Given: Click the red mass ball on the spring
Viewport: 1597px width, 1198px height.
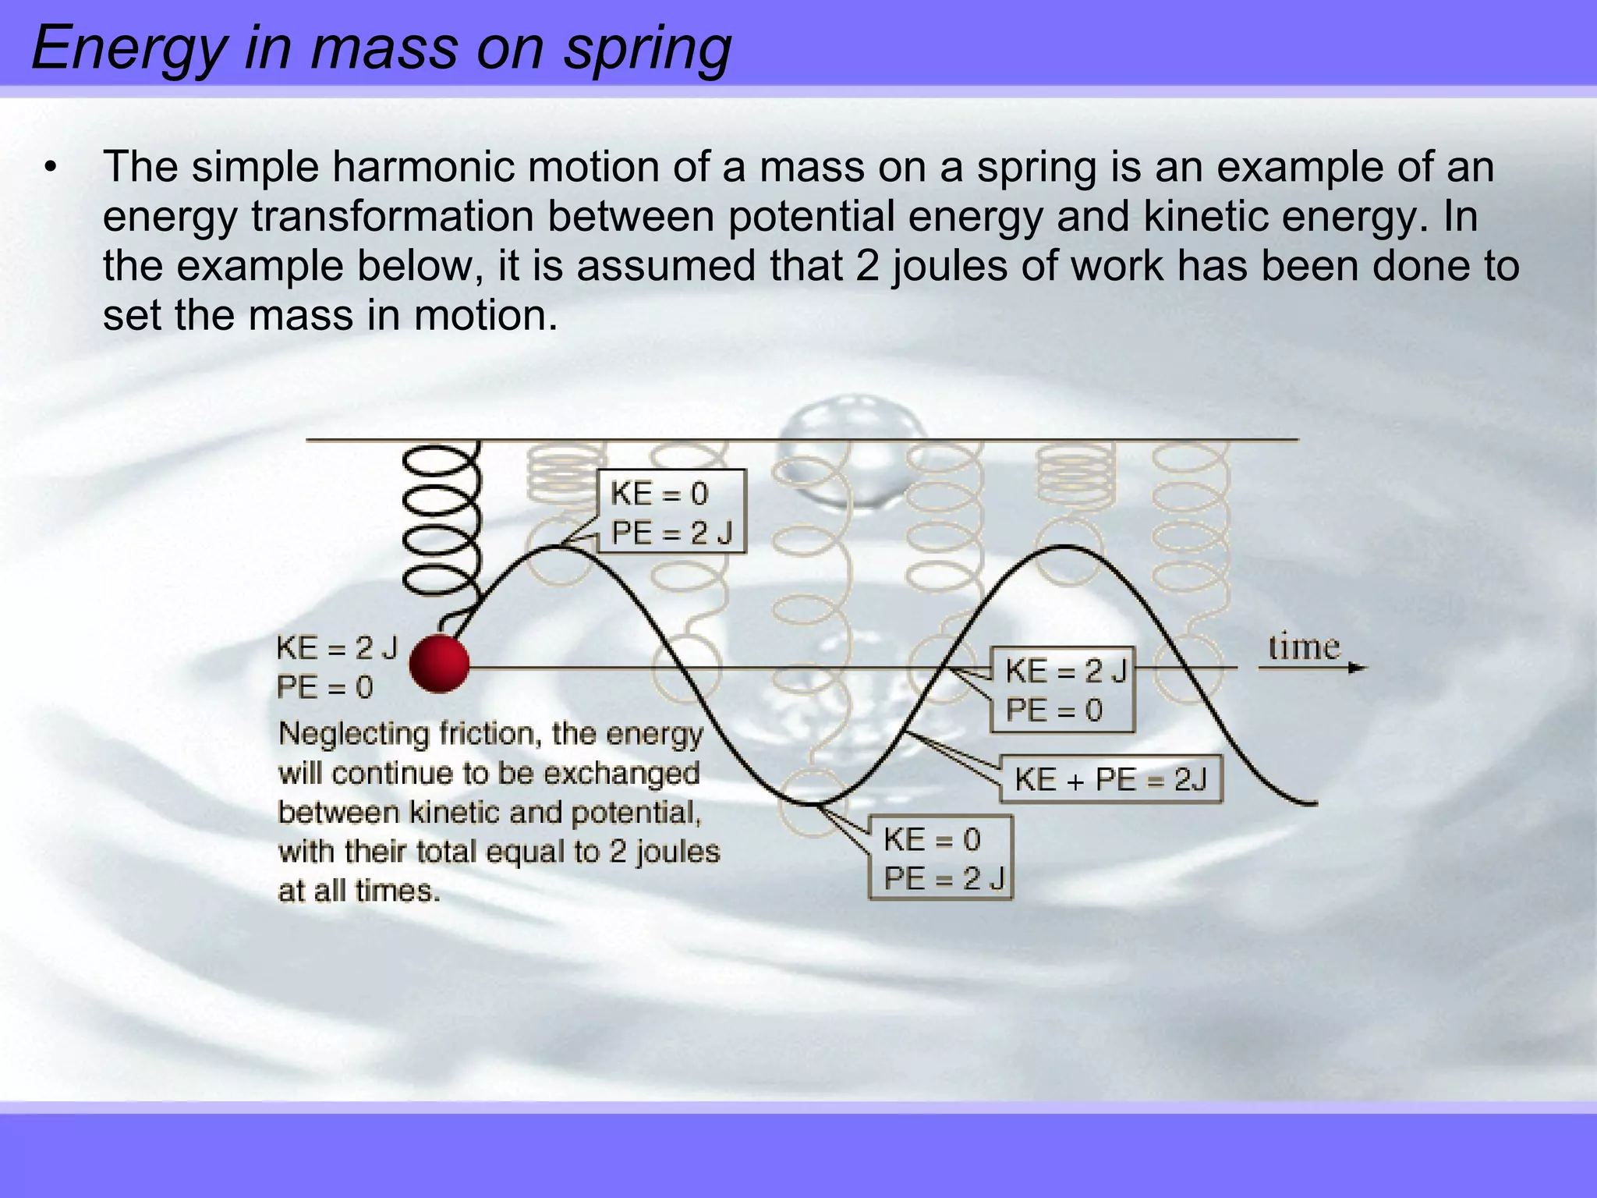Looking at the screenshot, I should point(439,664).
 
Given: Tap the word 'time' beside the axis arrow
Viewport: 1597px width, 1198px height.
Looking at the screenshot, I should point(1303,647).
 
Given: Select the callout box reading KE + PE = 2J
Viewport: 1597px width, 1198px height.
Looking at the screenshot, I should point(1110,779).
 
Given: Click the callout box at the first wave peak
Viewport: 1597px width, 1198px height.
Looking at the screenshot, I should point(671,512).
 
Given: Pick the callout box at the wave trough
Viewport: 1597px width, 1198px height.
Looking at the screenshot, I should point(940,859).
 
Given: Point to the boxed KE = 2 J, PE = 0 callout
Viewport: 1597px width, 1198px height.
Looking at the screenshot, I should point(1062,689).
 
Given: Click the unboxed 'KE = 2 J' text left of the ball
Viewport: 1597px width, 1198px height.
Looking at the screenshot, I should point(337,648).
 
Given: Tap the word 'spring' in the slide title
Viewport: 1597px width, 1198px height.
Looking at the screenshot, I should point(647,48).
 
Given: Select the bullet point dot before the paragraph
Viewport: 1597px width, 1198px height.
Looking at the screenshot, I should point(51,168).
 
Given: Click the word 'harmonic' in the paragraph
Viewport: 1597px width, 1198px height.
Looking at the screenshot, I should point(423,167).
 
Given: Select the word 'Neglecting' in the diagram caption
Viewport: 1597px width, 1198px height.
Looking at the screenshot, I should point(353,734).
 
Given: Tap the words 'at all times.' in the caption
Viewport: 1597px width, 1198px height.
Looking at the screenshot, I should point(359,891).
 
